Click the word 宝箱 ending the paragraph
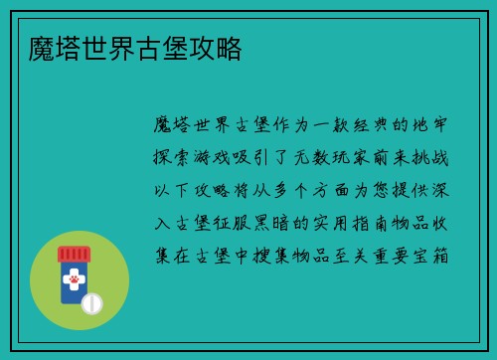pos(436,256)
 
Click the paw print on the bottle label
pos(73,281)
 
